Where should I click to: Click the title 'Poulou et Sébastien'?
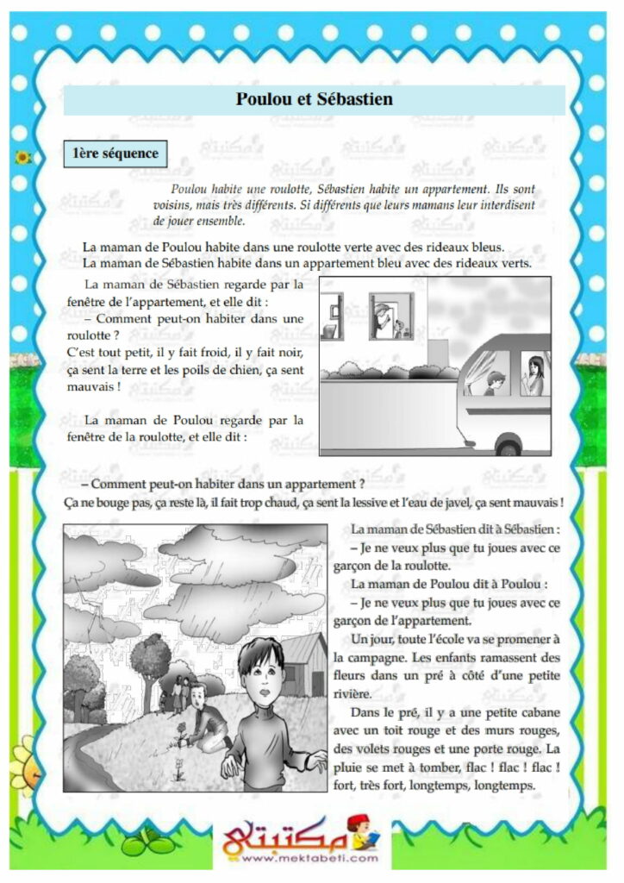pos(314,99)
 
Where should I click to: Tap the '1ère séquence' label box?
pos(115,154)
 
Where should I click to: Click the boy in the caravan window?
pos(494,382)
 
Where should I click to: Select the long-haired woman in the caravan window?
pos(534,374)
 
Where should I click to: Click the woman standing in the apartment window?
pos(382,316)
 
